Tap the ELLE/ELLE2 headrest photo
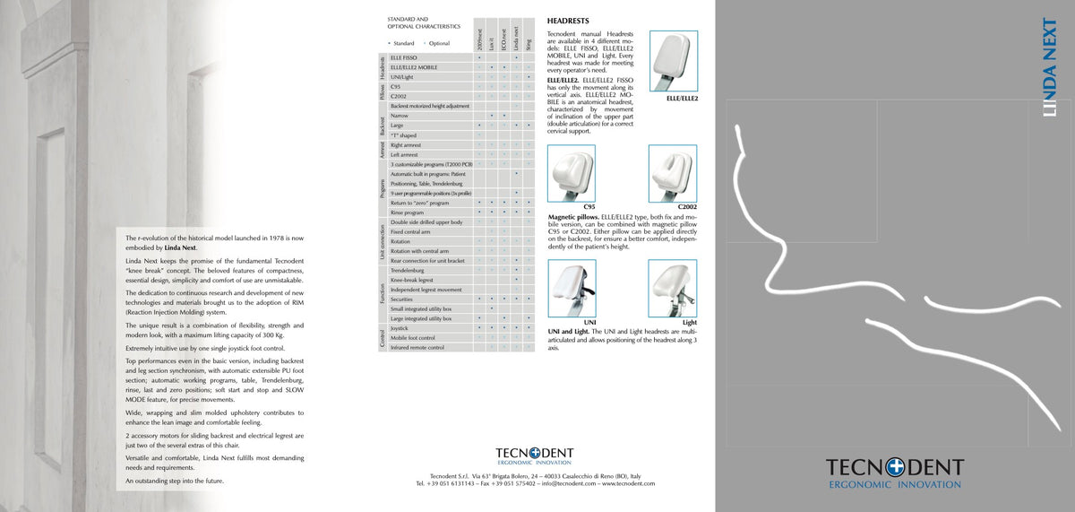click(673, 61)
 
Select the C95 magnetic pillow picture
click(571, 174)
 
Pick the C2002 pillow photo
click(672, 174)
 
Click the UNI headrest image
click(571, 289)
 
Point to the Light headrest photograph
click(672, 289)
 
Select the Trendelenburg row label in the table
click(408, 270)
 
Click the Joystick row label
click(400, 328)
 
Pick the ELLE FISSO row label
click(404, 57)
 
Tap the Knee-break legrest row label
click(412, 280)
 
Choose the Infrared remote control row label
click(417, 347)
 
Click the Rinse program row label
click(408, 213)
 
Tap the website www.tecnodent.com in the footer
click(628, 483)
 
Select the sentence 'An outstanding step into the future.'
click(175, 482)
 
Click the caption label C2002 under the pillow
click(687, 207)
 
